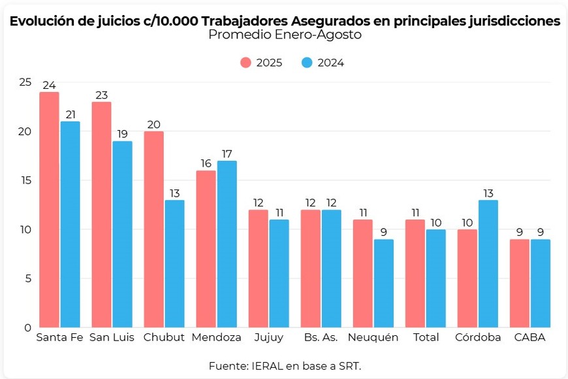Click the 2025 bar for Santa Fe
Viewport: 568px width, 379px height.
(x=49, y=209)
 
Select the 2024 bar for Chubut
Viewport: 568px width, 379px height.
(x=174, y=263)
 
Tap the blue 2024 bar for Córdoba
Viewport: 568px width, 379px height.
(x=488, y=263)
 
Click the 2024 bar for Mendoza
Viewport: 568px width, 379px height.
(x=227, y=244)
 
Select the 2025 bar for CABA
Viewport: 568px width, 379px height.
(x=519, y=283)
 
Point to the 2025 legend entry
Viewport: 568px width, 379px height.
(x=261, y=63)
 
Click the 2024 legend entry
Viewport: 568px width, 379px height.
(x=323, y=63)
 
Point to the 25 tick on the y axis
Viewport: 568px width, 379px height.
(x=25, y=82)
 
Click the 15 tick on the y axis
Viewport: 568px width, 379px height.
(x=25, y=180)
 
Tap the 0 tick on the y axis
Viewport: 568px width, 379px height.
(x=27, y=327)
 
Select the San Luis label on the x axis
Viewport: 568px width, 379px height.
(x=112, y=338)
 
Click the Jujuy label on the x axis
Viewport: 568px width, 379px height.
(x=268, y=338)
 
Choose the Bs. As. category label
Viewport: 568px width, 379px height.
(x=321, y=338)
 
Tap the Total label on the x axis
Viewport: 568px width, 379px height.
(x=425, y=338)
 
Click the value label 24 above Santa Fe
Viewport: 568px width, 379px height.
(x=49, y=86)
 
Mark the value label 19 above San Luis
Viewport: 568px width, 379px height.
(x=122, y=135)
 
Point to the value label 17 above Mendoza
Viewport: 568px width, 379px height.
(x=227, y=154)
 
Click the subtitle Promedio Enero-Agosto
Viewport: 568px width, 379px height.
(x=285, y=35)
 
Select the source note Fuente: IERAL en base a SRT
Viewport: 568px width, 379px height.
(x=285, y=365)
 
